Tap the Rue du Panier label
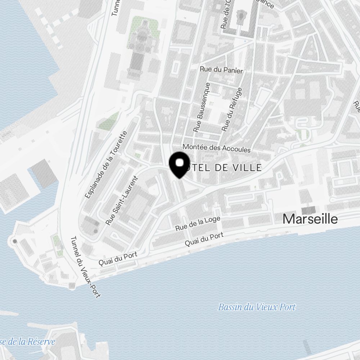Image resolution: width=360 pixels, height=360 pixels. click(221, 70)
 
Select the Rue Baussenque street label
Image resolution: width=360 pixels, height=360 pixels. click(202, 107)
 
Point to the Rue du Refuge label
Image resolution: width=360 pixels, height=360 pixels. click(232, 109)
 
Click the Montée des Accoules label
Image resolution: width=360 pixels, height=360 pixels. click(216, 148)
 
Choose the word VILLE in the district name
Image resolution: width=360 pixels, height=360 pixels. click(247, 167)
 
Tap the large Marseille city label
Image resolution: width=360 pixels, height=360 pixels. click(310, 219)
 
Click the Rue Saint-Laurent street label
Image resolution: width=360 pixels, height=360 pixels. click(122, 200)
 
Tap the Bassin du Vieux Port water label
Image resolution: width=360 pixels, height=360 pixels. click(257, 307)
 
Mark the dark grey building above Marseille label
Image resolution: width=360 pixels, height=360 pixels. click(308, 210)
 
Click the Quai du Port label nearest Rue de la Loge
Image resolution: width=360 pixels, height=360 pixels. click(204, 239)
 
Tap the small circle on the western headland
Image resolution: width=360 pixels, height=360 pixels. click(14, 240)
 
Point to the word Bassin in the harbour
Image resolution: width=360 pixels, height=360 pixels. click(229, 307)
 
